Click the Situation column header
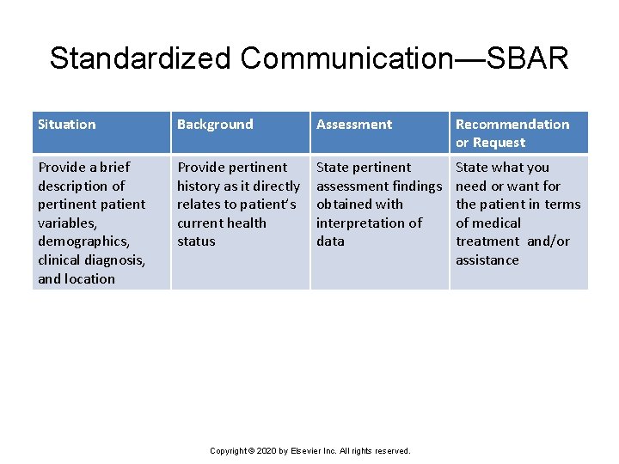tap(66, 125)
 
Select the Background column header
tap(215, 125)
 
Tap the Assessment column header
tap(353, 125)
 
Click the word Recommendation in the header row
tap(512, 125)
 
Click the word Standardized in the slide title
tap(140, 58)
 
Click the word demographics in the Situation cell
tap(83, 241)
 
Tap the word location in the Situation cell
tap(89, 278)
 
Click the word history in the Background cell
tap(200, 186)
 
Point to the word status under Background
tap(196, 241)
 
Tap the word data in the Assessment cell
tap(330, 241)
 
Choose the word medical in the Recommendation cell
tap(496, 223)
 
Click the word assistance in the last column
tap(487, 259)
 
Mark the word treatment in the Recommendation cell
tap(487, 241)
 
